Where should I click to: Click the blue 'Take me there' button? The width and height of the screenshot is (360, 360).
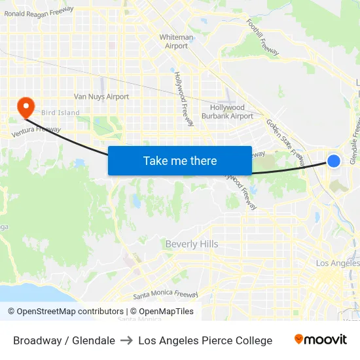[179, 160]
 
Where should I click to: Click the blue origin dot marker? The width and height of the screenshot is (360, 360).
[334, 160]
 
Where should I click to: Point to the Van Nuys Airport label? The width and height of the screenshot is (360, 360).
[101, 97]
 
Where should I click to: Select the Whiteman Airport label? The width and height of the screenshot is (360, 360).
[177, 41]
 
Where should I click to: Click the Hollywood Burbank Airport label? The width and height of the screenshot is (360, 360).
[227, 111]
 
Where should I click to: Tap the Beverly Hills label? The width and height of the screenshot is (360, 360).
[192, 244]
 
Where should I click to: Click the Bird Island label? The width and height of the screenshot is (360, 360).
[60, 113]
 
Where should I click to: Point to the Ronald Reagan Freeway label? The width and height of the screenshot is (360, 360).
[39, 12]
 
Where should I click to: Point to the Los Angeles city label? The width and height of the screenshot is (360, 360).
[337, 263]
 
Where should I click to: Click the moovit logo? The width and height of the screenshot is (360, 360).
[321, 340]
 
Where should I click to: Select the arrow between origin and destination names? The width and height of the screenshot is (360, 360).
[126, 340]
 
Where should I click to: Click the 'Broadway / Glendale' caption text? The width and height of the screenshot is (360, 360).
[64, 340]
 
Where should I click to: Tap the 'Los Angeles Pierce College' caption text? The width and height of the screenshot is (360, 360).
[205, 340]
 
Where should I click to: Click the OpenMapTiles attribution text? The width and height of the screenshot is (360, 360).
[162, 312]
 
